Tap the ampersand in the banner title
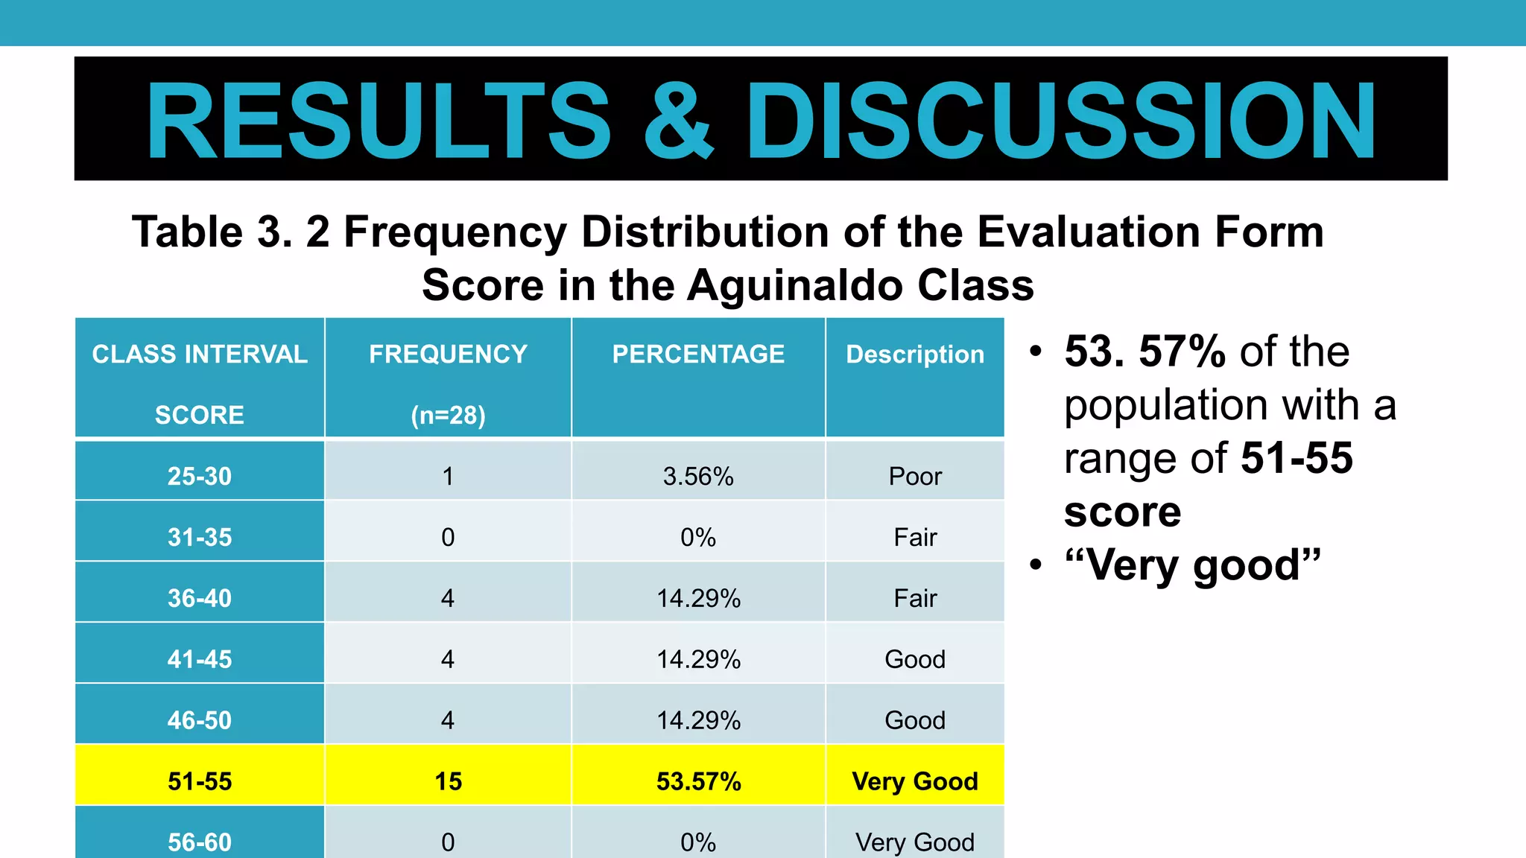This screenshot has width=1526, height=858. click(x=678, y=121)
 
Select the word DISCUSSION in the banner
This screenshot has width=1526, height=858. click(x=1061, y=121)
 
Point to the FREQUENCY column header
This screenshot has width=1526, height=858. click(x=448, y=355)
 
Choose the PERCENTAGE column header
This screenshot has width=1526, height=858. click(x=698, y=355)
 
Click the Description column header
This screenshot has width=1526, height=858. click(x=915, y=355)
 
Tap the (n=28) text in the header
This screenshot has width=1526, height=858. click(x=448, y=415)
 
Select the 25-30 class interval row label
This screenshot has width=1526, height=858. click(x=200, y=476)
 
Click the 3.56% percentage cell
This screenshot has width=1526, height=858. click(x=698, y=476)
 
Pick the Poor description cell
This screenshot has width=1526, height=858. click(x=915, y=476)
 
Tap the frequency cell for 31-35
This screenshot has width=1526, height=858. click(x=448, y=537)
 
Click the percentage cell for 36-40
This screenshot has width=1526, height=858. click(x=698, y=598)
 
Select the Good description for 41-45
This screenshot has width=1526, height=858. click(x=915, y=659)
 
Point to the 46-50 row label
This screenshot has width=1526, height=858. click(x=200, y=720)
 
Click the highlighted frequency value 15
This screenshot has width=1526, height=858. click(x=448, y=781)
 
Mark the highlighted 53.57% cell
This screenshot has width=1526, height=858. click(x=698, y=781)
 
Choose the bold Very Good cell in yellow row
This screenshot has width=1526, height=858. click(x=915, y=781)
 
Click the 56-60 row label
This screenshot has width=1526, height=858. click(x=200, y=842)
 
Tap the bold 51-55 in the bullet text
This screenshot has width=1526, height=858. click(x=1297, y=457)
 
